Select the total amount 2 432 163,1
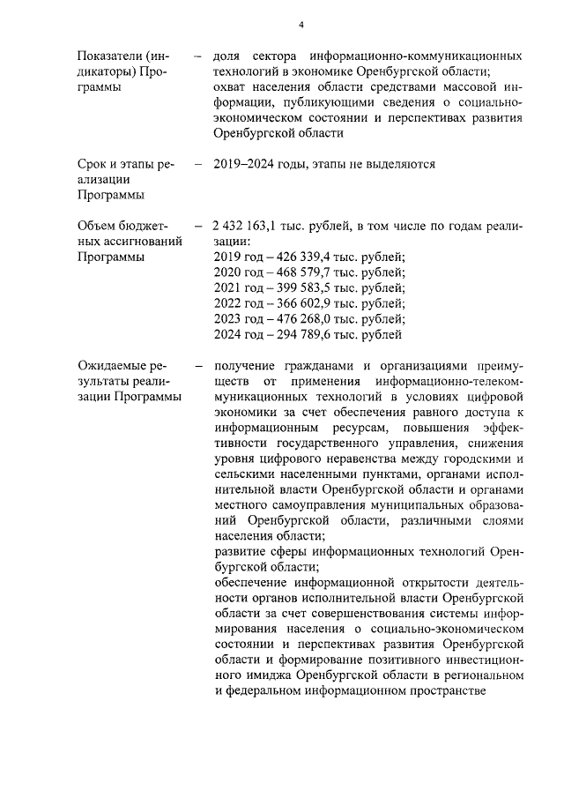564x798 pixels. (x=250, y=226)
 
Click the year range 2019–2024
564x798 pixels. (x=246, y=164)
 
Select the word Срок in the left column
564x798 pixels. (x=93, y=164)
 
